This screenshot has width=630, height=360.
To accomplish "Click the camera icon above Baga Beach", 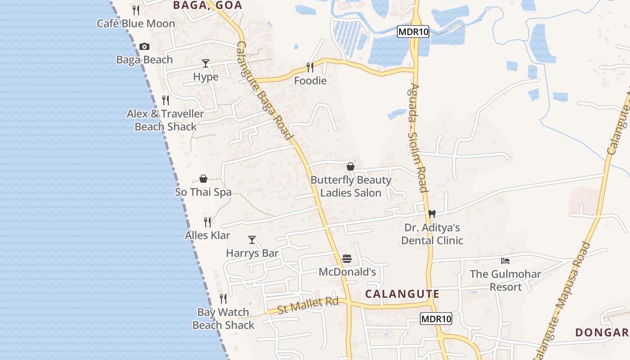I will point(144,46).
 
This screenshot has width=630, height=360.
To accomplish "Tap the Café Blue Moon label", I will point(136,23).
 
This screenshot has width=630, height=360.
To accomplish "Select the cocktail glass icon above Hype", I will point(206,63).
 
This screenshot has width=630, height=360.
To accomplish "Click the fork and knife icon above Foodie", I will point(310,67).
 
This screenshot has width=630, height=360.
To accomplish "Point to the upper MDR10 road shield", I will point(413,31).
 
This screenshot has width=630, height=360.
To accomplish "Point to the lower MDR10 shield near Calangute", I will point(436,319).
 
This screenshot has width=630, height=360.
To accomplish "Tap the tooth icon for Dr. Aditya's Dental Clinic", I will point(432,214).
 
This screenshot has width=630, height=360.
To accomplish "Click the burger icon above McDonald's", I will point(346,259).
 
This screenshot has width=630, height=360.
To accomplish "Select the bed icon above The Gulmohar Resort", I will point(505,261).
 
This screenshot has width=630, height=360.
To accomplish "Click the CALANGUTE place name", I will point(402,294).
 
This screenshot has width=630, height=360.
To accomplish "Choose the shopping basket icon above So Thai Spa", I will point(203,179).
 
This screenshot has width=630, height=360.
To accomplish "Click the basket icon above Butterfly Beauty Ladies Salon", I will point(351,166).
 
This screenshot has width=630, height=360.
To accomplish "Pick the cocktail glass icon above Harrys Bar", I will point(252,240).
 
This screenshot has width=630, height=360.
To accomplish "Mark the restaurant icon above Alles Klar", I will point(207,222).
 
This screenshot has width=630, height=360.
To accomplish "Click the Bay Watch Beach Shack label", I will point(223,318).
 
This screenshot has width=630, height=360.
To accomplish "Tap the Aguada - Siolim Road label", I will point(418,138).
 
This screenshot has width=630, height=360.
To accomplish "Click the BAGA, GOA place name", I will point(207,5).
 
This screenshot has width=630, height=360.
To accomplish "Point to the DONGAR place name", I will point(602,333).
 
